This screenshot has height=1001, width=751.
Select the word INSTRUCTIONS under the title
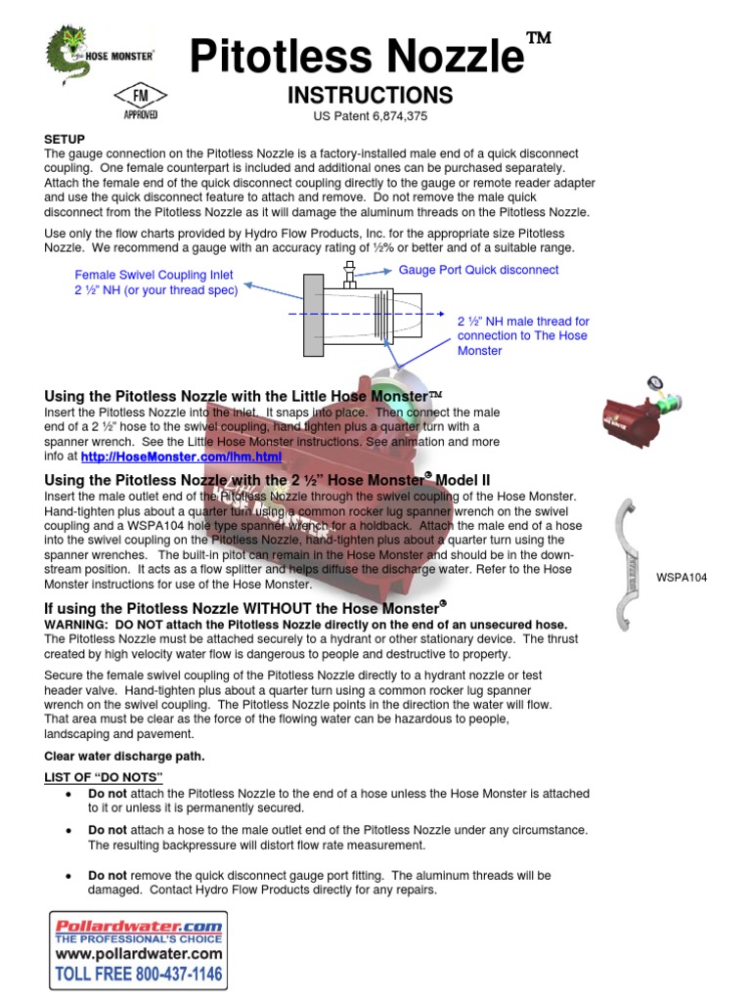pos(370,95)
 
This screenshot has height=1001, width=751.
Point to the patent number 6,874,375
pos(398,116)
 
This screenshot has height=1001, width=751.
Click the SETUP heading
pos(65,140)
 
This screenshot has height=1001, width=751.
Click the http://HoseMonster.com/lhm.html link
pos(181,457)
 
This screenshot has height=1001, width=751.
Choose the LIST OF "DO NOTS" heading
pos(104,776)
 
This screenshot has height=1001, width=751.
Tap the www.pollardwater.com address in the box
pos(139,953)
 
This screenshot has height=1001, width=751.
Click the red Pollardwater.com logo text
pos(138,925)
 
